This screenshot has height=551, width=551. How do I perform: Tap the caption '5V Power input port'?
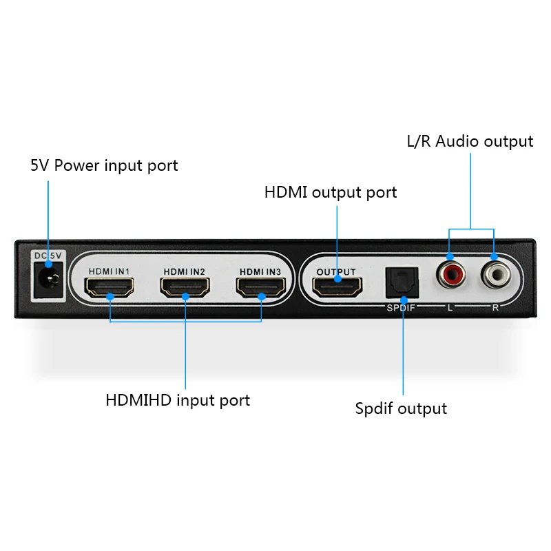[104, 165]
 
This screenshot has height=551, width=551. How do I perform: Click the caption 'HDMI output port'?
[331, 192]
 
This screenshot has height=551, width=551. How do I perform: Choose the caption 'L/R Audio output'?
[470, 141]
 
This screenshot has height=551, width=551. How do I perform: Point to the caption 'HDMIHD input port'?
[178, 400]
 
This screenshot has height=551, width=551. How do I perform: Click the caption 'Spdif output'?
[401, 408]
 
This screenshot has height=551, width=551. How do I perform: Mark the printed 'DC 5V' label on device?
[48, 256]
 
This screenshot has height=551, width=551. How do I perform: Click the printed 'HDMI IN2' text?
[185, 271]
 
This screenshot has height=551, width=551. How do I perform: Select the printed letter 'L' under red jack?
[450, 307]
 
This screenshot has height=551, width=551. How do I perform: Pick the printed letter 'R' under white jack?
[495, 307]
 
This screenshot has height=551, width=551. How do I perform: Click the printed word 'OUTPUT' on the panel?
[336, 271]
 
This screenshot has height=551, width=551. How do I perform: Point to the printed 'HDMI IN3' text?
[260, 271]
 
